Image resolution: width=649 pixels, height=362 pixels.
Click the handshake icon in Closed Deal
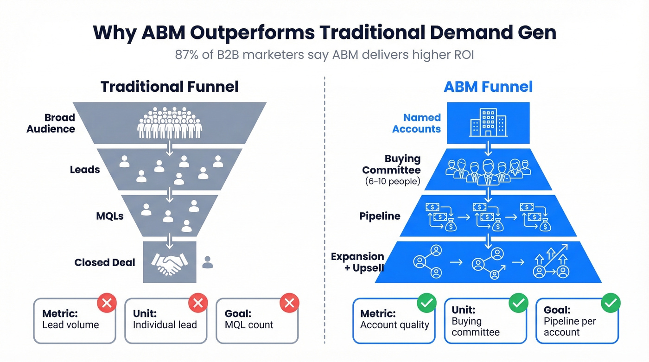pyautogui.click(x=169, y=263)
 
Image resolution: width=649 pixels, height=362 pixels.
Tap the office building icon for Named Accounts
pyautogui.click(x=488, y=123)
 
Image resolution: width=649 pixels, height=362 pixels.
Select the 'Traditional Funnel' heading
pyautogui.click(x=170, y=87)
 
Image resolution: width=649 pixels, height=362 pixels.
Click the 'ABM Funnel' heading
pyautogui.click(x=488, y=87)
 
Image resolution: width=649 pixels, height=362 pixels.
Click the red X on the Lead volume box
pyautogui.click(x=107, y=304)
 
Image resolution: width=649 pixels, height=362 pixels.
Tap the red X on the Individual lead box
pyautogui.click(x=198, y=304)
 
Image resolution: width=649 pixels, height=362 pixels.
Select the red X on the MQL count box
pyautogui.click(x=289, y=304)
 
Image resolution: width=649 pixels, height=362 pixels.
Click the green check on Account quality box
pyautogui.click(x=426, y=304)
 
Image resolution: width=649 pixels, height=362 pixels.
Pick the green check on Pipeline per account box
pyautogui.click(x=611, y=304)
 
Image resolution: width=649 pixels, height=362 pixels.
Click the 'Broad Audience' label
pyautogui.click(x=51, y=123)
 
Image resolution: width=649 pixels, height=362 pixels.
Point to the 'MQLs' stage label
pyautogui.click(x=110, y=216)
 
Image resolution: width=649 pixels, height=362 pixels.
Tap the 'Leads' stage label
pyautogui.click(x=85, y=170)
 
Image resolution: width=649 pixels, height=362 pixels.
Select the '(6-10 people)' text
pyautogui.click(x=393, y=181)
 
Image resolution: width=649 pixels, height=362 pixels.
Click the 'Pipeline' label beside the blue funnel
pyautogui.click(x=380, y=216)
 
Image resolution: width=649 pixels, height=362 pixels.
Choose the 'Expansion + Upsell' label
pyautogui.click(x=357, y=262)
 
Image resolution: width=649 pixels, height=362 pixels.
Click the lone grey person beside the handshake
pyautogui.click(x=208, y=263)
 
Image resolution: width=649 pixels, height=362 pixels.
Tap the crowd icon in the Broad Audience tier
pyautogui.click(x=170, y=123)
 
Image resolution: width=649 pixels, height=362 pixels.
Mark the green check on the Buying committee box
pyautogui.click(x=518, y=304)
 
